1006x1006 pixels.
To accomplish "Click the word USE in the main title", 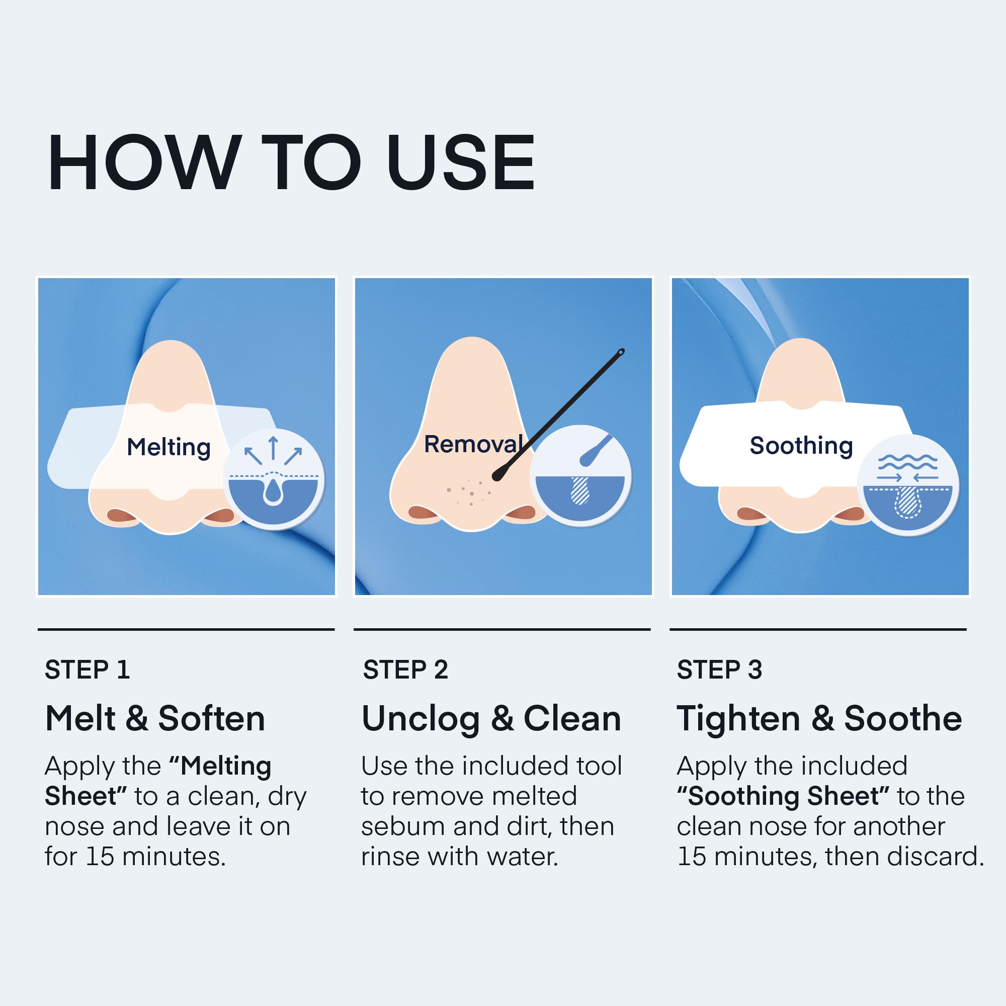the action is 461,162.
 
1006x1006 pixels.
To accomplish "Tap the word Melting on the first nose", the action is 169,447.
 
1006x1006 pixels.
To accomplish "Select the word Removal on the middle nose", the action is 473,444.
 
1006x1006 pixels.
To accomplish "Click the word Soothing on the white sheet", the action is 801,446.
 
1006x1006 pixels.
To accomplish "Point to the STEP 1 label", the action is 87,669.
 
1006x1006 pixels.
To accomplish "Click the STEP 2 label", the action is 405,669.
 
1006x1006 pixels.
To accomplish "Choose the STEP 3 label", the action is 719,669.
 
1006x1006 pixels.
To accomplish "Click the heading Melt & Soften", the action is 155,719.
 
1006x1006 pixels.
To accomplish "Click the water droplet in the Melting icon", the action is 273,491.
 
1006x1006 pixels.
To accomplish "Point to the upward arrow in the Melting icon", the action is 273,448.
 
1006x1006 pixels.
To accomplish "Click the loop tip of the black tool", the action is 621,353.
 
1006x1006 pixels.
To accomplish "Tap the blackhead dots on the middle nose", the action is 469,492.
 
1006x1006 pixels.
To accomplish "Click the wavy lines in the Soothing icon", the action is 907,462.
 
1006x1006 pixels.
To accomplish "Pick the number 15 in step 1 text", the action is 100,857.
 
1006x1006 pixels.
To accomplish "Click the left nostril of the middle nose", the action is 424,513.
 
